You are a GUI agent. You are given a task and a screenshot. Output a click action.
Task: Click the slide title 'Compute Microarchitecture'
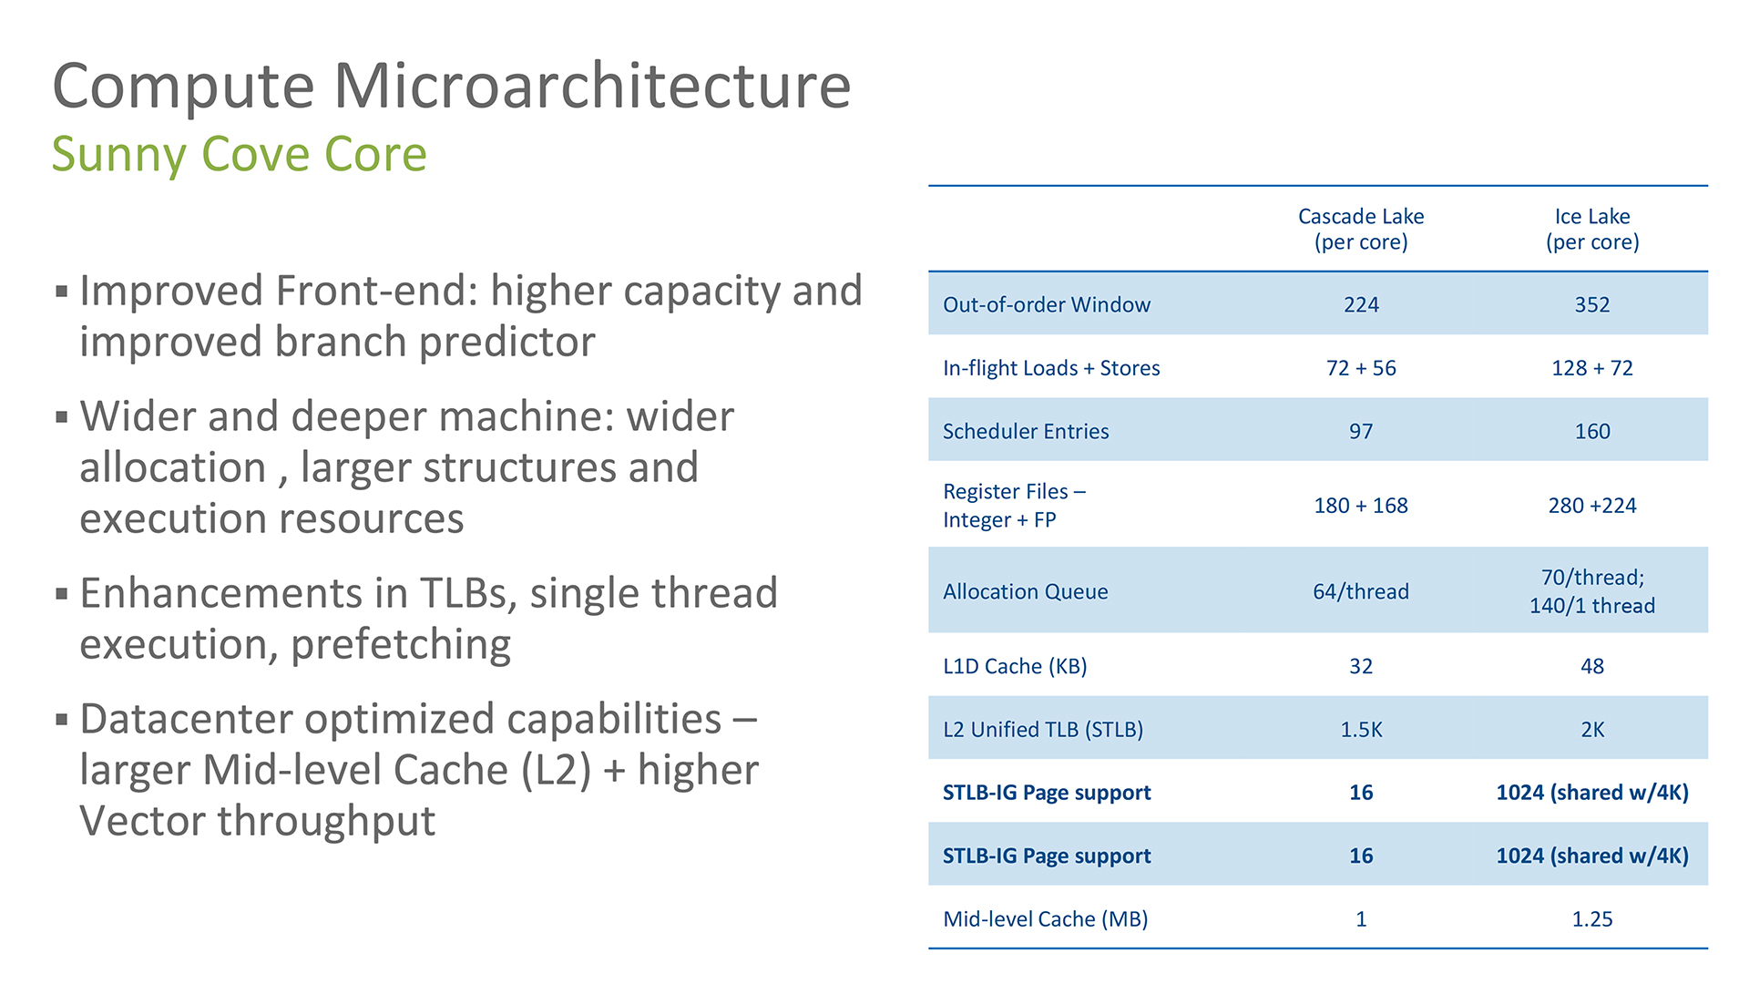point(452,87)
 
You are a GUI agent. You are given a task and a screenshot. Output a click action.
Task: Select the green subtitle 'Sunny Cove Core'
point(239,154)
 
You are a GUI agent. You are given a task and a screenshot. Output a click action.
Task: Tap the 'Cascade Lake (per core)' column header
point(1361,229)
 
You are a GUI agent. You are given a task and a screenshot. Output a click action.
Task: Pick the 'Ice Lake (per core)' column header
point(1592,229)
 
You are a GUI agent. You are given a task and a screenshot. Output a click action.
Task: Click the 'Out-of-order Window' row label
point(1047,304)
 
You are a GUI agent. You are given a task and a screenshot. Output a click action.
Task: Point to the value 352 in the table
point(1592,304)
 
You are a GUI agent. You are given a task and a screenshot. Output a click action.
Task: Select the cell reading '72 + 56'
point(1361,368)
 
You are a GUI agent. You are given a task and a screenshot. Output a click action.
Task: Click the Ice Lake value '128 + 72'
point(1592,368)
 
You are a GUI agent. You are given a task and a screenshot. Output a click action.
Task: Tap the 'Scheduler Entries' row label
point(1026,431)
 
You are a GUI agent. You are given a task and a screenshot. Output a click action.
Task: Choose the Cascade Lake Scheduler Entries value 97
point(1361,431)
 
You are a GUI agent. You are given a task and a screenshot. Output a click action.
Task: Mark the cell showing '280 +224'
point(1592,506)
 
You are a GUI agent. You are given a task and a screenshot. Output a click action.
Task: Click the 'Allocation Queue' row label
point(1026,591)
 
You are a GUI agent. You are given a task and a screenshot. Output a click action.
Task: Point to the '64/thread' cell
point(1361,591)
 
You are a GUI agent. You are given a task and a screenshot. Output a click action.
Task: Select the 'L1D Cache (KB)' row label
point(1015,666)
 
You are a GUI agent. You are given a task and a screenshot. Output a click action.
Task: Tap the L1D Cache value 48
point(1592,666)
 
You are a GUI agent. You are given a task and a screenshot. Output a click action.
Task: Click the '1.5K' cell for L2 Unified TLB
point(1361,730)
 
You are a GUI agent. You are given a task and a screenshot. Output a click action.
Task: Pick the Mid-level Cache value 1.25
point(1592,919)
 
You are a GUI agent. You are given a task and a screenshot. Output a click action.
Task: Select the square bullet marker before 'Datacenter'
point(62,720)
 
